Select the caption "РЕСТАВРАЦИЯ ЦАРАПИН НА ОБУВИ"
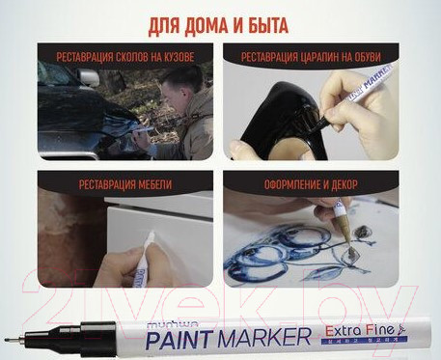(x=323, y=55)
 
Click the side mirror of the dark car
(x=88, y=77)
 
